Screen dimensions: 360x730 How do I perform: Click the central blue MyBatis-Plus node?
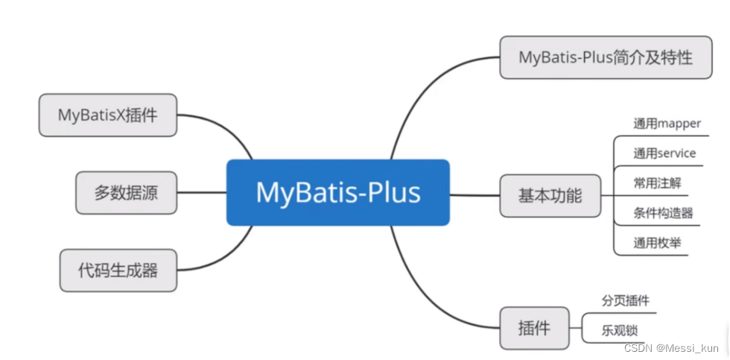coord(338,192)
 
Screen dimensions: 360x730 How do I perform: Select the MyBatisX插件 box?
coord(108,115)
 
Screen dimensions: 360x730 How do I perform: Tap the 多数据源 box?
coord(126,192)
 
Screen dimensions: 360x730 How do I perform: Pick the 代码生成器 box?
coord(118,270)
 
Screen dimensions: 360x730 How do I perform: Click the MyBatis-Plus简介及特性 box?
coord(606,57)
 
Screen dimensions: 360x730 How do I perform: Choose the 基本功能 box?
coord(550,195)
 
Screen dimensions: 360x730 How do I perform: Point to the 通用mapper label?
coord(667,124)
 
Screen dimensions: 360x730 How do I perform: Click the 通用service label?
coord(664,154)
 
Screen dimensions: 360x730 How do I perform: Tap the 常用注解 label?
coord(657,183)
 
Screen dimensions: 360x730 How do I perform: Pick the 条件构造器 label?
coord(663,213)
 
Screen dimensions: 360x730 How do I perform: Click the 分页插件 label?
coord(626,301)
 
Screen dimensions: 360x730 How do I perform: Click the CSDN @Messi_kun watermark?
coord(671,348)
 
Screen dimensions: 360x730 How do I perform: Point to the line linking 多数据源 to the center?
coord(202,192)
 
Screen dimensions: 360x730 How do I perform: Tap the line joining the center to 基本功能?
coord(475,195)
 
